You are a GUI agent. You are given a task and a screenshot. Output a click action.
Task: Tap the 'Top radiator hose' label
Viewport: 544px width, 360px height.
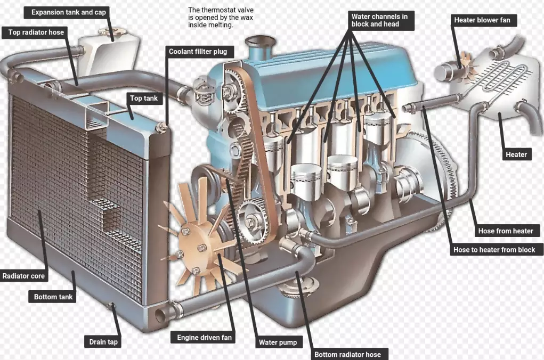click(x=36, y=32)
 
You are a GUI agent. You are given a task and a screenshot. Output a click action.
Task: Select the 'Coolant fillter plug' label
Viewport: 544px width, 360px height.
click(x=198, y=52)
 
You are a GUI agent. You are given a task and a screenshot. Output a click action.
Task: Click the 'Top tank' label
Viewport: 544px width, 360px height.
click(x=144, y=98)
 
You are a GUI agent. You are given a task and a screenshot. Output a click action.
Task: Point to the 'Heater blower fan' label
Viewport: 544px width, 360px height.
click(x=482, y=20)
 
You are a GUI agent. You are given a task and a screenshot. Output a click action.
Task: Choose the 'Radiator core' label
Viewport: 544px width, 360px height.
click(x=24, y=276)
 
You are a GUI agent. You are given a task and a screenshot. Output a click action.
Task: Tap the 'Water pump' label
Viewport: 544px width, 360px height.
click(x=277, y=342)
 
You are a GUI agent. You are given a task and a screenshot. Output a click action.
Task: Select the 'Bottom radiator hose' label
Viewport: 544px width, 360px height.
click(x=347, y=355)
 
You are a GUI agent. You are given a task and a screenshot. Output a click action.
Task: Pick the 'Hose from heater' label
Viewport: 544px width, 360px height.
click(x=505, y=231)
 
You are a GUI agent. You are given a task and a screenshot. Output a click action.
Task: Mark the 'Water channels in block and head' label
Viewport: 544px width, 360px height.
click(x=379, y=20)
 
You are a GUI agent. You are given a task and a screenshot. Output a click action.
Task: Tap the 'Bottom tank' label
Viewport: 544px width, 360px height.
click(x=53, y=297)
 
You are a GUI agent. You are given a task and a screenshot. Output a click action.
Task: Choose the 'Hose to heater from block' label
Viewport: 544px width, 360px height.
click(x=494, y=249)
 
